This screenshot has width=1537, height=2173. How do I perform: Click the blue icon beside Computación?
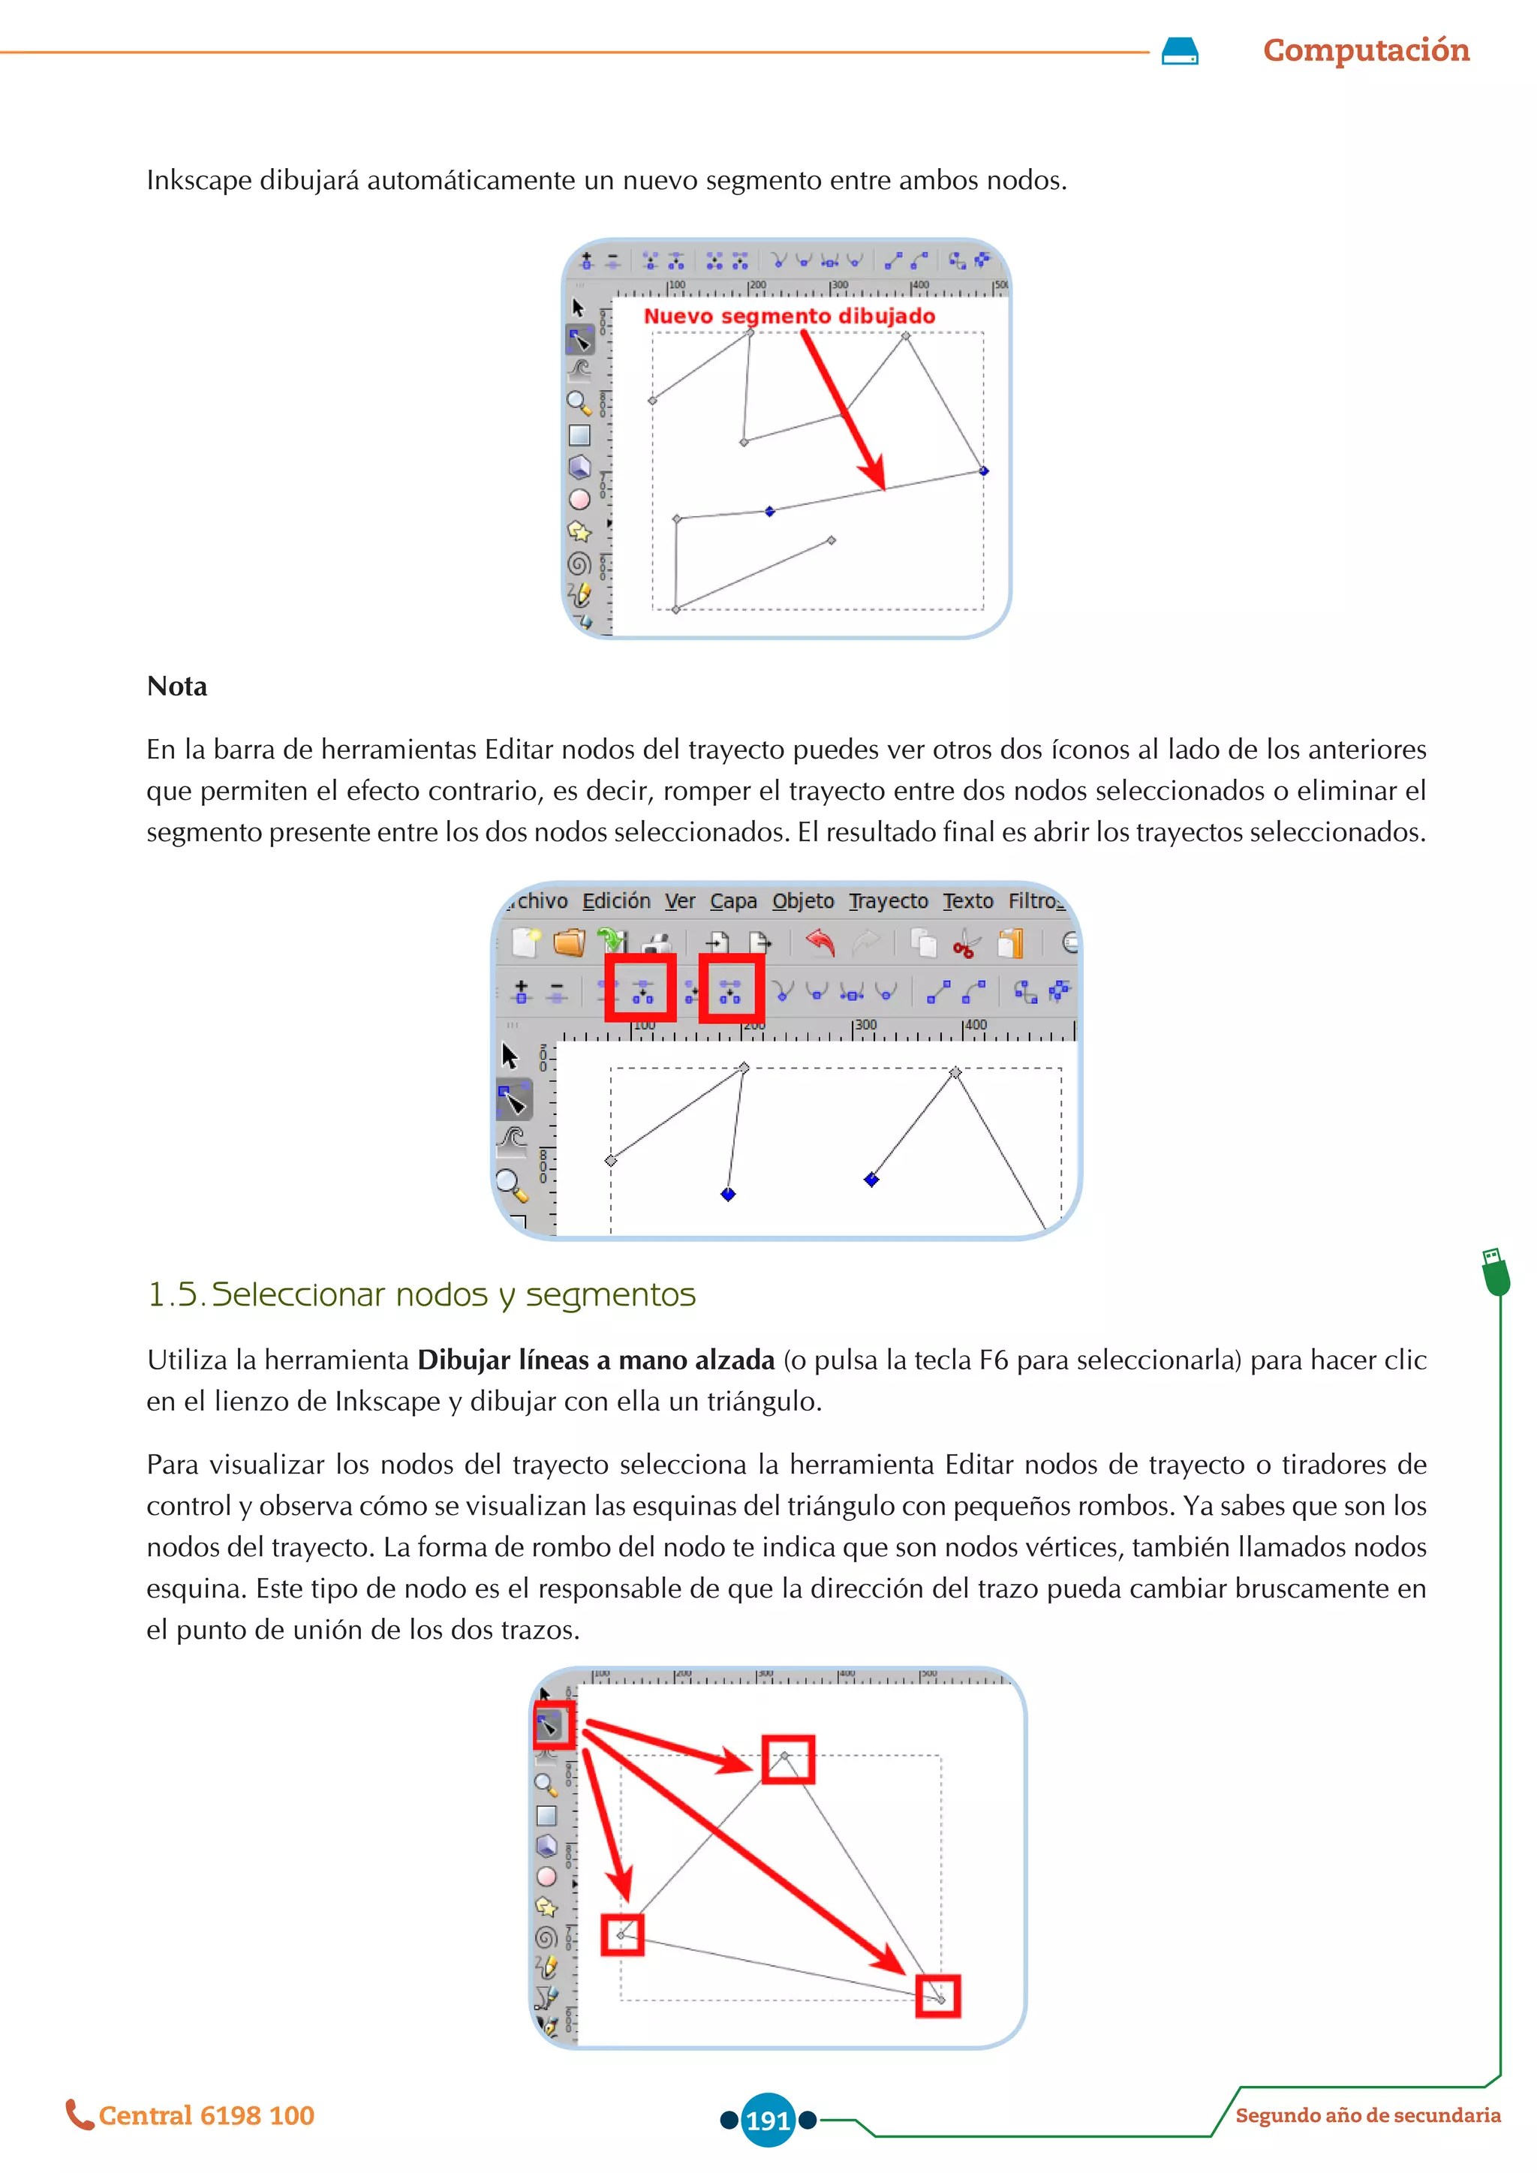[x=1179, y=51]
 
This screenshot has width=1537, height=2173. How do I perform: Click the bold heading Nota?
[x=177, y=686]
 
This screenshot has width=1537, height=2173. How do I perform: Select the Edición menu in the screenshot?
[x=616, y=901]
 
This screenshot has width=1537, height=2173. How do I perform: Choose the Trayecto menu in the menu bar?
[x=888, y=901]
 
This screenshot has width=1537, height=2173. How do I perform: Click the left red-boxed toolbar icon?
[x=641, y=989]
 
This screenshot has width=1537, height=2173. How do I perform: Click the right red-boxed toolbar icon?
[x=731, y=990]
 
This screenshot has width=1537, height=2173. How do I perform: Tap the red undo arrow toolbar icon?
[x=820, y=942]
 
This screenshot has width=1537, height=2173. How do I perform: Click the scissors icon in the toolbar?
[x=964, y=945]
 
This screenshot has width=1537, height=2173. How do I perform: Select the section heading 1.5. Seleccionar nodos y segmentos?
[x=421, y=1294]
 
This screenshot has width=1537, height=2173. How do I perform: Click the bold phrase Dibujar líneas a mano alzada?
[x=595, y=1360]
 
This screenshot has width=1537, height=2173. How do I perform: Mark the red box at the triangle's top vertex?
[x=787, y=1760]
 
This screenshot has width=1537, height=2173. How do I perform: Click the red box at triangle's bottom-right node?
[x=937, y=1995]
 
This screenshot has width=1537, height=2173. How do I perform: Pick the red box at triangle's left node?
[x=622, y=1934]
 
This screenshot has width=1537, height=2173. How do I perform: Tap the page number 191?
[x=768, y=2120]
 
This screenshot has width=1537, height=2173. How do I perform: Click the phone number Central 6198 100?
[x=206, y=2115]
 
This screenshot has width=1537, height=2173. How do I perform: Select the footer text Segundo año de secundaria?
[x=1367, y=2115]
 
